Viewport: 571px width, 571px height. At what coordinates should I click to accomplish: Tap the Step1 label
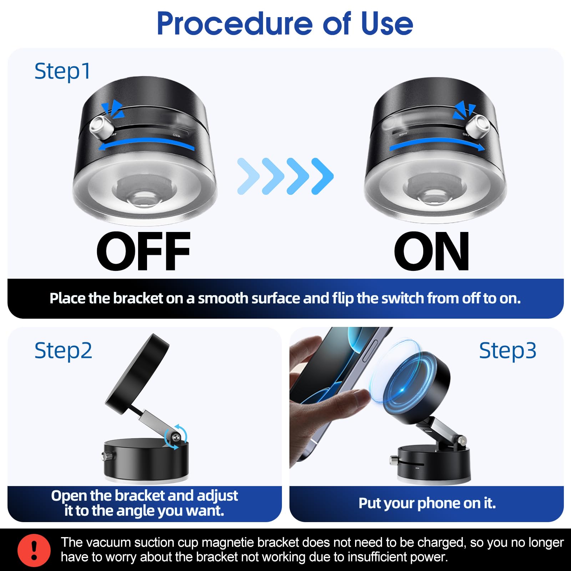(62, 71)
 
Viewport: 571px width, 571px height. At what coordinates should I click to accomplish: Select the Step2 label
(63, 350)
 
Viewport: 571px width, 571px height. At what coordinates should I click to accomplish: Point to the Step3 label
(507, 350)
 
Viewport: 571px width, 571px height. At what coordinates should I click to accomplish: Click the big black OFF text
(143, 252)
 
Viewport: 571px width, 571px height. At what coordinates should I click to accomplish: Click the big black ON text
(431, 252)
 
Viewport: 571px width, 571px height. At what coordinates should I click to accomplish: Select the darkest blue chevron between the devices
(323, 176)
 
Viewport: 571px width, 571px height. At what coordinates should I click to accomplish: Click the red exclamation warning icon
(34, 550)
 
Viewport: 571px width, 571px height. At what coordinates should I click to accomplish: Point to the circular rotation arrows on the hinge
(176, 437)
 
